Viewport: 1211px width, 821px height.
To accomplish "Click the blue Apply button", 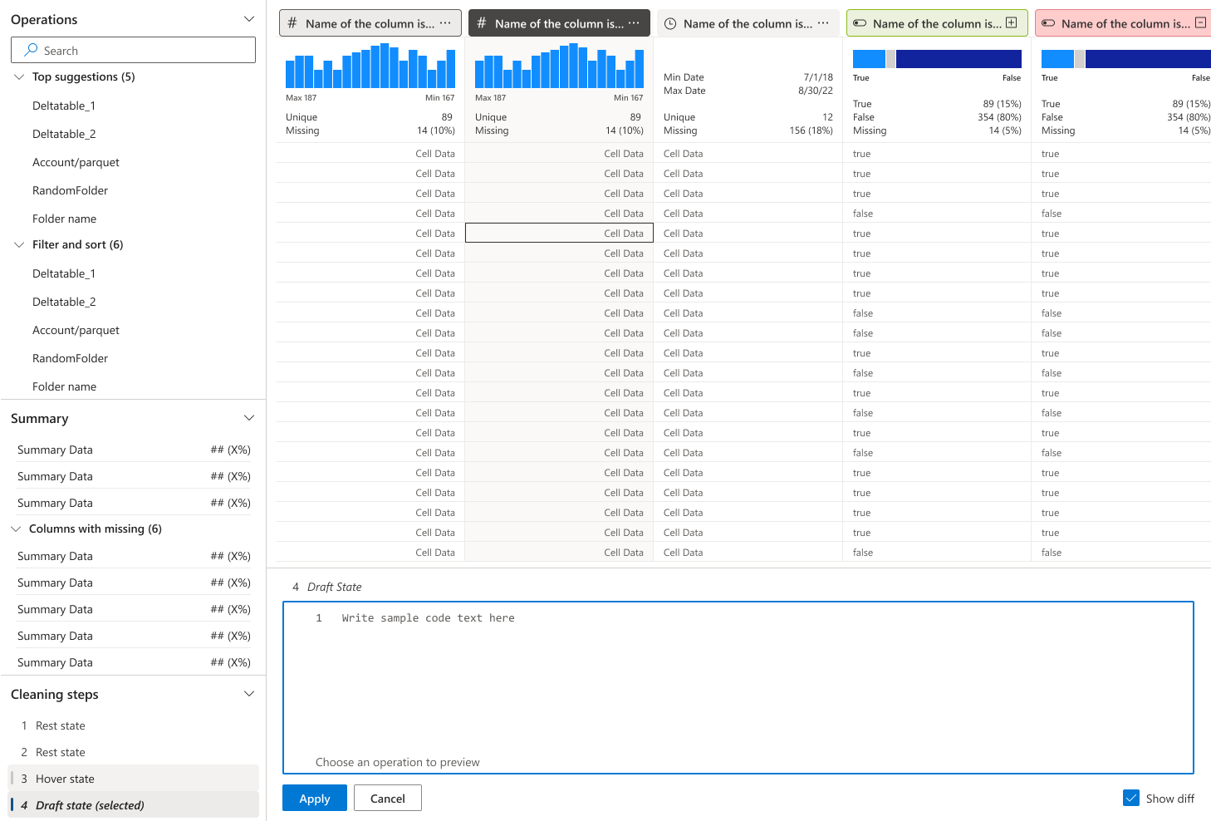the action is click(314, 798).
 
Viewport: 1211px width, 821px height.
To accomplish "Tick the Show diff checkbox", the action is click(1130, 798).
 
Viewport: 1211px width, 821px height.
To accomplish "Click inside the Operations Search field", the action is click(133, 51).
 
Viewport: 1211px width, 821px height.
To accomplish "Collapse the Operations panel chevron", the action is click(248, 19).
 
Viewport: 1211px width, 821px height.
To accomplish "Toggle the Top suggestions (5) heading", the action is click(83, 76).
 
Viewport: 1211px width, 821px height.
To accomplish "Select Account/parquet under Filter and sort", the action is click(76, 330).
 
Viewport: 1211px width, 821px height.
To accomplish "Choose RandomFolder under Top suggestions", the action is click(70, 190).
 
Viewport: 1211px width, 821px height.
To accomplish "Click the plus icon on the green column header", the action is click(1011, 22).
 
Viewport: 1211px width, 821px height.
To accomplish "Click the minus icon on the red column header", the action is click(1200, 22).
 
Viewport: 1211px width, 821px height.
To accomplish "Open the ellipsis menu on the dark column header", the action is click(634, 23).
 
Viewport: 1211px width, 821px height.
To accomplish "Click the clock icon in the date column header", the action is click(669, 24).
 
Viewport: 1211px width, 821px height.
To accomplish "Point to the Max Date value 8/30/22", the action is click(816, 91).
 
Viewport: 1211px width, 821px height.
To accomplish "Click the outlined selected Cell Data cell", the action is click(559, 234).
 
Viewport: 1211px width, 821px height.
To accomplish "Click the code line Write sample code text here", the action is click(428, 617).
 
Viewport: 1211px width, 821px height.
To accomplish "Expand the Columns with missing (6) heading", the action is click(95, 528).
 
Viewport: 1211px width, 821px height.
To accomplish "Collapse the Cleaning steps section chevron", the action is click(248, 694).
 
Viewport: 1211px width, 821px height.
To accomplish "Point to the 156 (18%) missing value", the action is click(811, 130).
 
